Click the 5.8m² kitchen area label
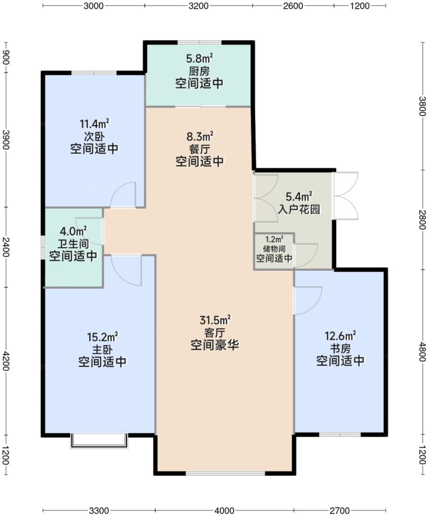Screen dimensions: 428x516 [x=199, y=59]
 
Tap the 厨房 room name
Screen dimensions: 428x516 [x=199, y=71]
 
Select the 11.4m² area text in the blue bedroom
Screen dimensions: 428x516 [x=94, y=124]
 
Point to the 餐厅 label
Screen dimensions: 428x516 [x=199, y=149]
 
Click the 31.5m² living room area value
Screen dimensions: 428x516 [x=215, y=320]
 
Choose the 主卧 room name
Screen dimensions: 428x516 [x=102, y=349]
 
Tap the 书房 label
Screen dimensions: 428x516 [x=340, y=348]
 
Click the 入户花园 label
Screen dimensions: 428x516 [x=299, y=209]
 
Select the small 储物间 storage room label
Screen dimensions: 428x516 [x=274, y=249]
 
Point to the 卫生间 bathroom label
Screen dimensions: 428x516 [x=73, y=244]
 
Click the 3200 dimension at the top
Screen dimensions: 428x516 [x=198, y=6]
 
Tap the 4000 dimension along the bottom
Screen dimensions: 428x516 [x=224, y=510]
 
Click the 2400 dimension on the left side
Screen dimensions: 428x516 [x=6, y=247]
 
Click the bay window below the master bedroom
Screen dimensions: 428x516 [x=99, y=441]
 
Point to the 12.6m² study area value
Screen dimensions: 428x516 [x=340, y=336]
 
